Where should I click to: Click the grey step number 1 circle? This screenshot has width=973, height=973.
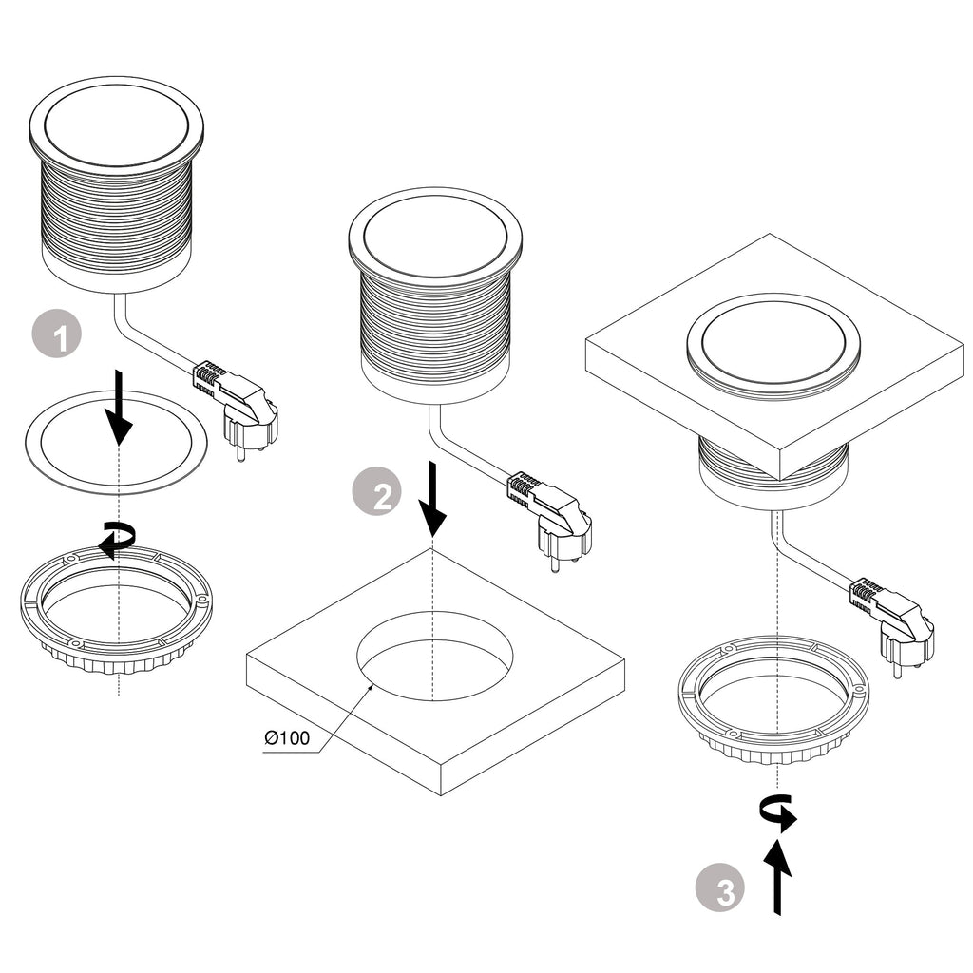point(57,335)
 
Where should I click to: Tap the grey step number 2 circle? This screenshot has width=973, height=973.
point(377,494)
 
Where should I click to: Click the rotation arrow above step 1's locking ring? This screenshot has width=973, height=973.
point(118,539)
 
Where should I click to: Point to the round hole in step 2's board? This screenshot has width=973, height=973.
point(434,656)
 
